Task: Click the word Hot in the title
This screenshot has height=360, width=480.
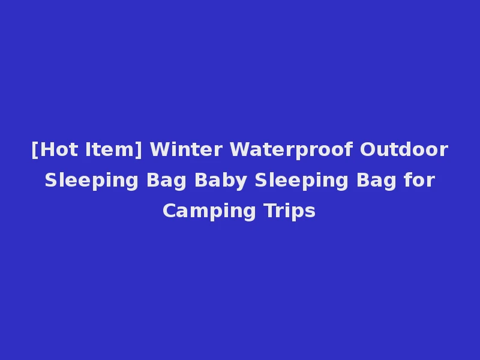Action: tap(59, 149)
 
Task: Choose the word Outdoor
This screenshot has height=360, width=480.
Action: tap(404, 149)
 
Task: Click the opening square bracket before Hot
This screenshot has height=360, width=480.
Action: tap(35, 150)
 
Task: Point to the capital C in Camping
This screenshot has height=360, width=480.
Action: tap(169, 211)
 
